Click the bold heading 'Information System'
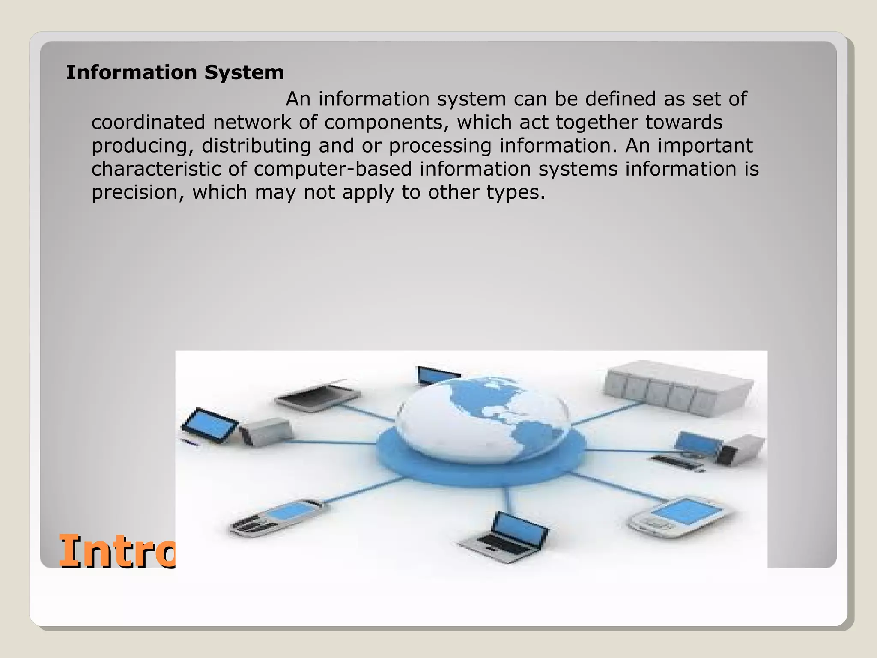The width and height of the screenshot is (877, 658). [175, 72]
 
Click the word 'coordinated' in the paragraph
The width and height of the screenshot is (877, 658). [149, 123]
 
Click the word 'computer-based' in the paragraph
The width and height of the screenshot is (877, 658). [332, 169]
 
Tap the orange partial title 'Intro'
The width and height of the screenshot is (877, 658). [116, 552]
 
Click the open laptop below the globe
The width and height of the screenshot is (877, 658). [505, 538]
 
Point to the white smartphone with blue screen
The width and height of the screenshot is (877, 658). [681, 516]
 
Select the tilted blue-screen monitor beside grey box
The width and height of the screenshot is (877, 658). [210, 425]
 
